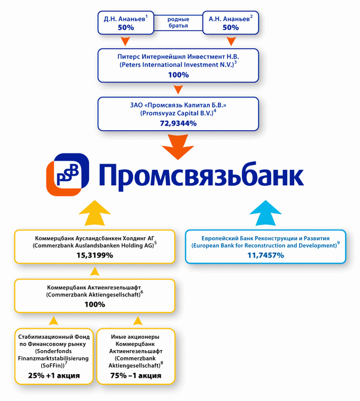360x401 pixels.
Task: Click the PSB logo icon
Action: pyautogui.click(x=68, y=175)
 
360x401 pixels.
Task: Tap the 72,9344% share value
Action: pyautogui.click(x=178, y=123)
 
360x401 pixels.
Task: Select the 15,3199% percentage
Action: pyautogui.click(x=94, y=255)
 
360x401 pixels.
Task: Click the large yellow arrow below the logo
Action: pyautogui.click(x=94, y=213)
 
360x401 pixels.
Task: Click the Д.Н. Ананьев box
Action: pyautogui.click(x=126, y=23)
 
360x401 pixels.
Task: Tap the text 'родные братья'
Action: pyautogui.click(x=178, y=23)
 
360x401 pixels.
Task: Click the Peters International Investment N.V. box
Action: pyautogui.click(x=178, y=65)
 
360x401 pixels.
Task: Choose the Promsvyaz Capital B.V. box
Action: pyautogui.click(x=178, y=113)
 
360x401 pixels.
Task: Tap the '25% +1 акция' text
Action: pyautogui.click(x=54, y=376)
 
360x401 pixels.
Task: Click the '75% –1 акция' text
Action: pyautogui.click(x=137, y=376)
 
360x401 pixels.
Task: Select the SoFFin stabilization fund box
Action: pyautogui.click(x=54, y=356)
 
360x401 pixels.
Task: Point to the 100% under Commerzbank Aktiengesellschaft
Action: pyautogui.click(x=94, y=304)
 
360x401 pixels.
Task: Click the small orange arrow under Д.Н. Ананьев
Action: pyautogui.click(x=125, y=42)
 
